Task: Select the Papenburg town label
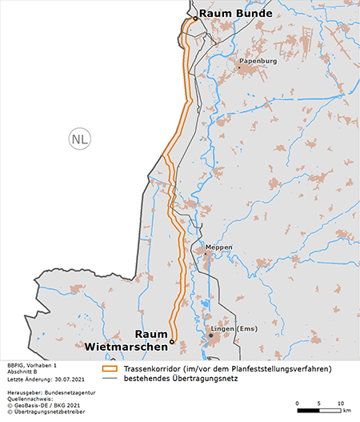click(258, 60)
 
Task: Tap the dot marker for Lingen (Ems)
click(210, 336)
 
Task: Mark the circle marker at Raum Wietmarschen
click(171, 342)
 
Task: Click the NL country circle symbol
click(79, 138)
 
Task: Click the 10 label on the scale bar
click(340, 403)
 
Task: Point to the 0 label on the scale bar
click(297, 403)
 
